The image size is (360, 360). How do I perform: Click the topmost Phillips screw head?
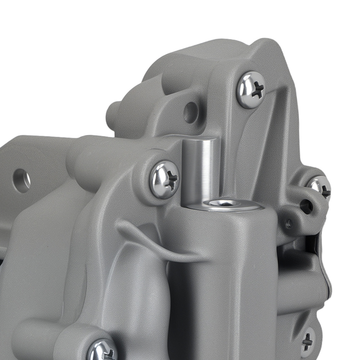pos(251,90)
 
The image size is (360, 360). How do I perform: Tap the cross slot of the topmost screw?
pos(257,90)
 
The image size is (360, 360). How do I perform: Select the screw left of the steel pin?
pos(165,179)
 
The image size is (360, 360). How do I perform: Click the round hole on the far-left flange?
pos(22,180)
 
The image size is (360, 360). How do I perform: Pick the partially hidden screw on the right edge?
pos(320,187)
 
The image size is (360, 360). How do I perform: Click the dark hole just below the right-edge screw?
pos(306,206)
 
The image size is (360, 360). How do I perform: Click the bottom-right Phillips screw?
pos(307,341)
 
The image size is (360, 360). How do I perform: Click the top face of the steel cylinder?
pos(200,140)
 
